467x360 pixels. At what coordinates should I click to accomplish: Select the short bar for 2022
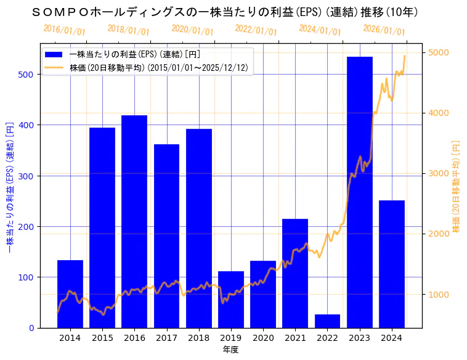coord(327,321)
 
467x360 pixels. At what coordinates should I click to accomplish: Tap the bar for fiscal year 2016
coord(134,221)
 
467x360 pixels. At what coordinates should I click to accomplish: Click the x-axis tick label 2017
coord(166,337)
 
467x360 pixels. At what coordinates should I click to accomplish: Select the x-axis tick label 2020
coord(263,337)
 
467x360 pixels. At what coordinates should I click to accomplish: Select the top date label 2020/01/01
coord(192,30)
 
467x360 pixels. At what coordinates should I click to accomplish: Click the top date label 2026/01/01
coord(384,30)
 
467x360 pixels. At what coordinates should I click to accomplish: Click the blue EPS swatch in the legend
coord(54,55)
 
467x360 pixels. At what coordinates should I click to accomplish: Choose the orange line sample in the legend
coord(54,68)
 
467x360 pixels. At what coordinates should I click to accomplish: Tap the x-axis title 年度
coord(231,350)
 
